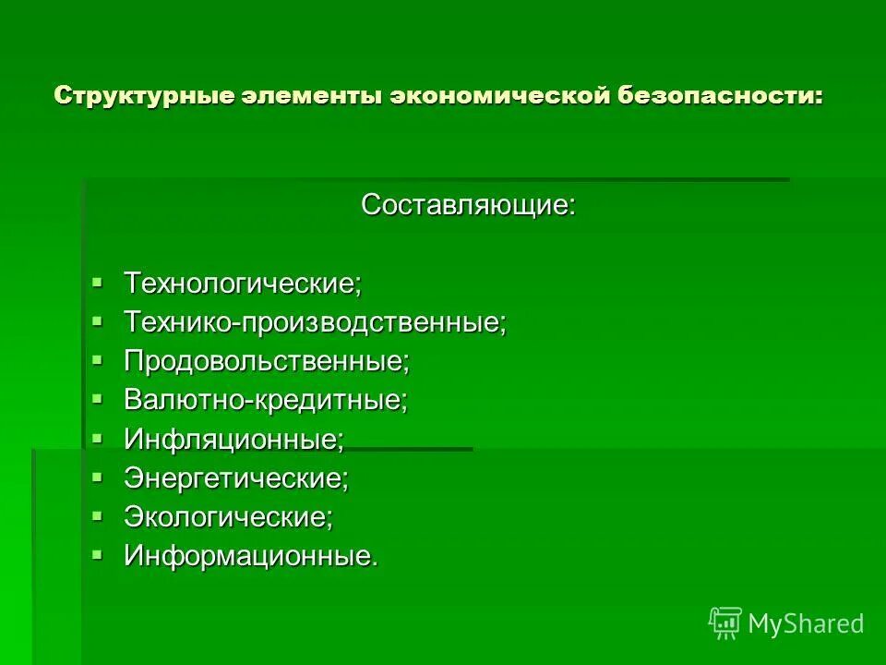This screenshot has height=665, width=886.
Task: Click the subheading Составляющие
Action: pyautogui.click(x=468, y=205)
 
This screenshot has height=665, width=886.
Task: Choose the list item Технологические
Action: pyautogui.click(x=243, y=283)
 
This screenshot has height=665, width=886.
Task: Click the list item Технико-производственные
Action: pyautogui.click(x=315, y=322)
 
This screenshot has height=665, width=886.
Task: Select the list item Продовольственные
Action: pyautogui.click(x=267, y=361)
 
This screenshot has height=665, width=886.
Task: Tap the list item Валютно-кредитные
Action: pyautogui.click(x=266, y=400)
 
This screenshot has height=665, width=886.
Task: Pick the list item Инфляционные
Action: pyautogui.click(x=233, y=440)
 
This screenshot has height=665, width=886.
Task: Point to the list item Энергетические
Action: pyautogui.click(x=236, y=478)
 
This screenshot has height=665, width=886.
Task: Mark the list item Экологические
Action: pyautogui.click(x=228, y=517)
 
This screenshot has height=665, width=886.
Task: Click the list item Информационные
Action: pyautogui.click(x=251, y=556)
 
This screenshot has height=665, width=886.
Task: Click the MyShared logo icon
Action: pyautogui.click(x=724, y=623)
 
